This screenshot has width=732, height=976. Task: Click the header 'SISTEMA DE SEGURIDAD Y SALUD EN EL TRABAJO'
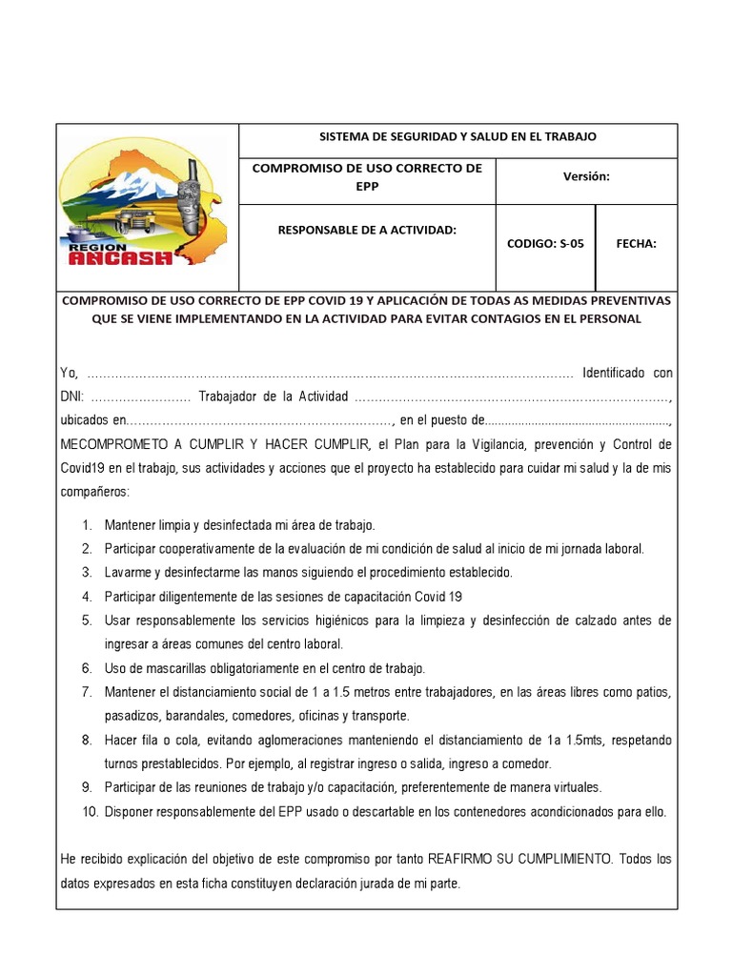pyautogui.click(x=457, y=136)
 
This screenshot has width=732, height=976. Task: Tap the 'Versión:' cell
pyautogui.click(x=586, y=176)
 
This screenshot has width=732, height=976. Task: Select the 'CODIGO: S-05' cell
pyautogui.click(x=545, y=243)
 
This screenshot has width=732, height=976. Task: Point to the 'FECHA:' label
pyautogui.click(x=636, y=243)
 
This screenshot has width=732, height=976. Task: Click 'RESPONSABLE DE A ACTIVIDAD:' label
pyautogui.click(x=367, y=230)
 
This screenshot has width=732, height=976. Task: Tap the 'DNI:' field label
pyautogui.click(x=72, y=396)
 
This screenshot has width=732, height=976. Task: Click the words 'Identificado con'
pyautogui.click(x=627, y=373)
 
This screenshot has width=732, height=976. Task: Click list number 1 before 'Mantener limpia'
pyautogui.click(x=87, y=525)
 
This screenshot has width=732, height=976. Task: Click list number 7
pyautogui.click(x=87, y=692)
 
